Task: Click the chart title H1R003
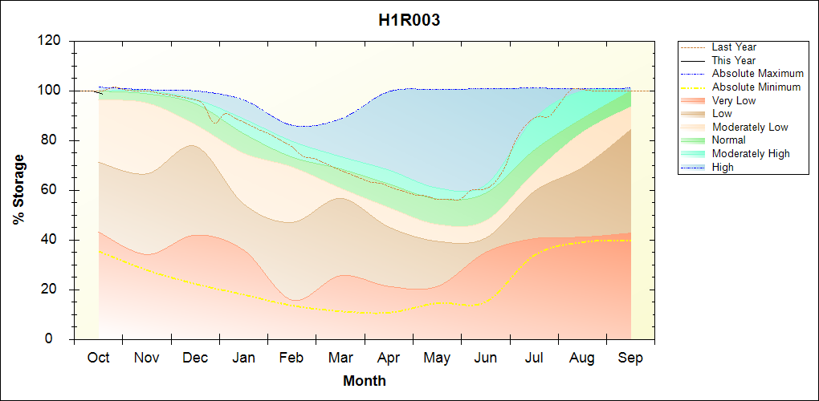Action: coord(409,21)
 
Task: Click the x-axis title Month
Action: coord(364,381)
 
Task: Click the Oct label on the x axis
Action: coord(98,358)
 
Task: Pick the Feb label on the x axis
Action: coord(291,358)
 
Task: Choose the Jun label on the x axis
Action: coord(485,358)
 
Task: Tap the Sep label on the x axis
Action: coord(630,358)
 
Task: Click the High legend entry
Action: coord(723,167)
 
